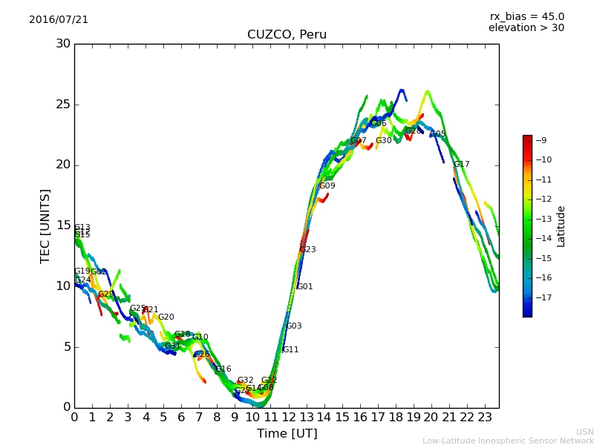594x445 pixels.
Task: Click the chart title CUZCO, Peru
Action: pos(287,35)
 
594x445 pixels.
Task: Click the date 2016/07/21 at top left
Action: pos(59,20)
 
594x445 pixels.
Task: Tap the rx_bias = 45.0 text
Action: pos(526,17)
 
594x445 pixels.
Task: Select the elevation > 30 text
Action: pos(526,28)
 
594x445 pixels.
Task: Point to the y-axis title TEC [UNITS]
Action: pos(46,225)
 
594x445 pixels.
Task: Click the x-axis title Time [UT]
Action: pos(287,434)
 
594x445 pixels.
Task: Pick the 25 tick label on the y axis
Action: pos(63,105)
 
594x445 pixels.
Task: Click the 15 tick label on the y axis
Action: pos(63,225)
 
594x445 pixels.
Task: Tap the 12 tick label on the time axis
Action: pos(288,418)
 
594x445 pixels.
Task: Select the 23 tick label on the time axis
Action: pos(484,418)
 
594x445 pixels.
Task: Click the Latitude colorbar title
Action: pos(561,226)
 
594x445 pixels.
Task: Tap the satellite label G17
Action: pos(461,165)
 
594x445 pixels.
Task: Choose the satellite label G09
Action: pos(327,186)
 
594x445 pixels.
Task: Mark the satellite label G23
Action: pos(307,250)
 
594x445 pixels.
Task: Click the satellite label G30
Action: pos(383,141)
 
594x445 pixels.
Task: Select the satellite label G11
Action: pos(290,350)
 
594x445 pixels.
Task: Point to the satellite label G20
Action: pos(166,317)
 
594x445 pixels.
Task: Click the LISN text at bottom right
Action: pos(585,432)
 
